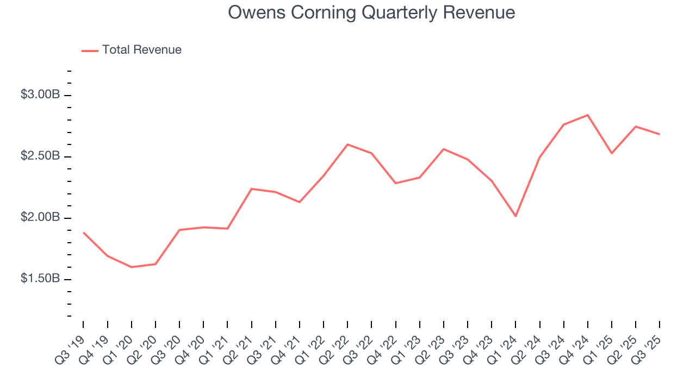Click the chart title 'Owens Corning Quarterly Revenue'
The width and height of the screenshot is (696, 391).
click(x=371, y=12)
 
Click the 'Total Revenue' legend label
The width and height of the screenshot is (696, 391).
click(x=141, y=50)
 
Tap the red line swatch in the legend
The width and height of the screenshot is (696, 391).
click(x=90, y=51)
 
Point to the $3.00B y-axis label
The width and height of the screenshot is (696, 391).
click(x=40, y=94)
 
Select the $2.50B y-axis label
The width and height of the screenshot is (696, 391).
click(x=40, y=156)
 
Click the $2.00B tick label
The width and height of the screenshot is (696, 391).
click(x=40, y=217)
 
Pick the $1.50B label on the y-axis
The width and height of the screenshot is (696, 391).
click(x=40, y=279)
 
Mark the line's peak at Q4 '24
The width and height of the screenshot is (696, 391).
click(x=588, y=115)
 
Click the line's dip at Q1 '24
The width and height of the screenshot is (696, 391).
click(x=515, y=216)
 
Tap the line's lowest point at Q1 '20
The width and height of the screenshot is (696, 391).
click(x=132, y=267)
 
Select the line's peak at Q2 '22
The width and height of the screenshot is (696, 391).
click(x=347, y=144)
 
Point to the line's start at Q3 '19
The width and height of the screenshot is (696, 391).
click(x=84, y=232)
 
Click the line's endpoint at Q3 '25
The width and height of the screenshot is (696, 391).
click(x=660, y=134)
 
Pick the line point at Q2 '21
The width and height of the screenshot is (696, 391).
click(x=252, y=188)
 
